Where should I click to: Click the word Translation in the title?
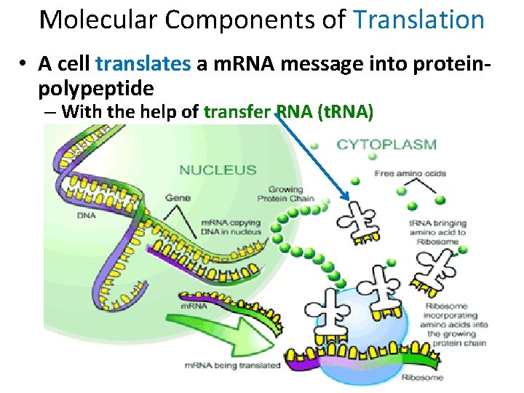(x=418, y=20)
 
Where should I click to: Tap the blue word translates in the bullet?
(x=143, y=64)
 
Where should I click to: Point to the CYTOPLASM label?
(x=386, y=144)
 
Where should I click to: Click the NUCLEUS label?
(x=218, y=170)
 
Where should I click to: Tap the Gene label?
(x=178, y=197)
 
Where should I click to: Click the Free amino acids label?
(x=410, y=173)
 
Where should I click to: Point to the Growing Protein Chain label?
(x=285, y=194)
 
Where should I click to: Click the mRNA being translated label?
(x=232, y=365)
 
